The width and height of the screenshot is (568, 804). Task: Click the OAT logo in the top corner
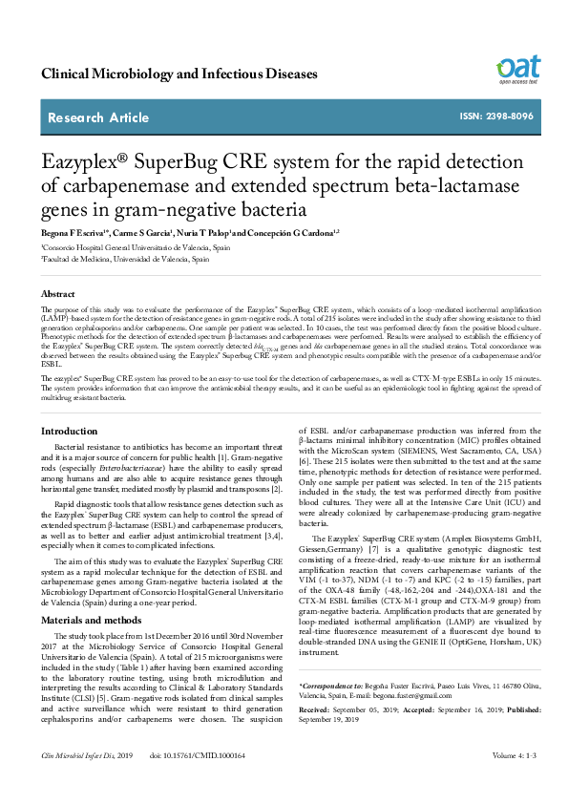[x=518, y=69]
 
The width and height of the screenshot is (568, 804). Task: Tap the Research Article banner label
[x=98, y=117]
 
